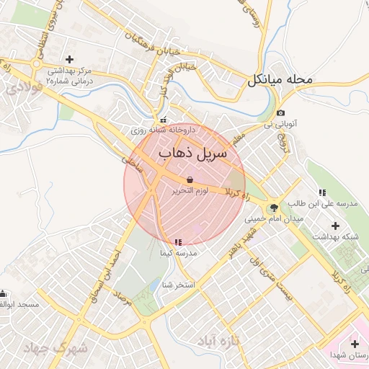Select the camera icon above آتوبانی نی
click(x=280, y=113)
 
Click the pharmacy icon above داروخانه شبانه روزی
click(x=163, y=120)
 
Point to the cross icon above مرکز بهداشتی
click(x=69, y=59)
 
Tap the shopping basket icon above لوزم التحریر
click(x=190, y=179)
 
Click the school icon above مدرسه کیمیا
click(x=178, y=242)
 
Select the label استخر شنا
click(x=179, y=285)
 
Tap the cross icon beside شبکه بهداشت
click(x=335, y=225)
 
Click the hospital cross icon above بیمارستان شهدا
click(x=354, y=343)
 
